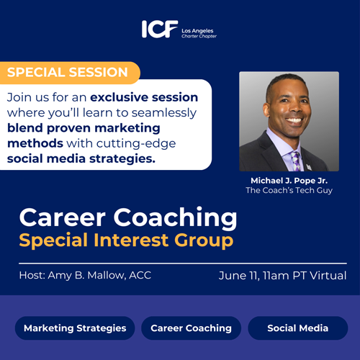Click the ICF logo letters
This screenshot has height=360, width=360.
(160, 29)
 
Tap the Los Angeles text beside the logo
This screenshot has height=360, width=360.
(197, 31)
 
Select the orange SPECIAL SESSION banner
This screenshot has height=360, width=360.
(70, 73)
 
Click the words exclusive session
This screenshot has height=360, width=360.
(144, 97)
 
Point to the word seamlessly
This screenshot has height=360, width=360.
(164, 113)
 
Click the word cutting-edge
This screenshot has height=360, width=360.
(136, 144)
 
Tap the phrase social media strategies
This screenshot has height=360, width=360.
(81, 158)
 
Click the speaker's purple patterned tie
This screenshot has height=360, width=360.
(295, 161)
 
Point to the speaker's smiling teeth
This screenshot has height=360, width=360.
(294, 120)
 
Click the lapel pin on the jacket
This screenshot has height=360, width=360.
(309, 167)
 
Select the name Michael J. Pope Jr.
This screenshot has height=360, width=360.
(289, 181)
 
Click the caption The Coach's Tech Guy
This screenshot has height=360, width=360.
(289, 190)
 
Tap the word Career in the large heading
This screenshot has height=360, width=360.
(63, 217)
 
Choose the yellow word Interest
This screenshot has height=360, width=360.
(131, 240)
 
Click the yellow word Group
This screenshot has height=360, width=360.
(204, 240)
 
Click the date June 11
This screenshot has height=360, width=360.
(239, 276)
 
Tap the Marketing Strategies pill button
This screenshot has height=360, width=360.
(75, 328)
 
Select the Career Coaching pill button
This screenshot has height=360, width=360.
(191, 328)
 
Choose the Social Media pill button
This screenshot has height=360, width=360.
(298, 328)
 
